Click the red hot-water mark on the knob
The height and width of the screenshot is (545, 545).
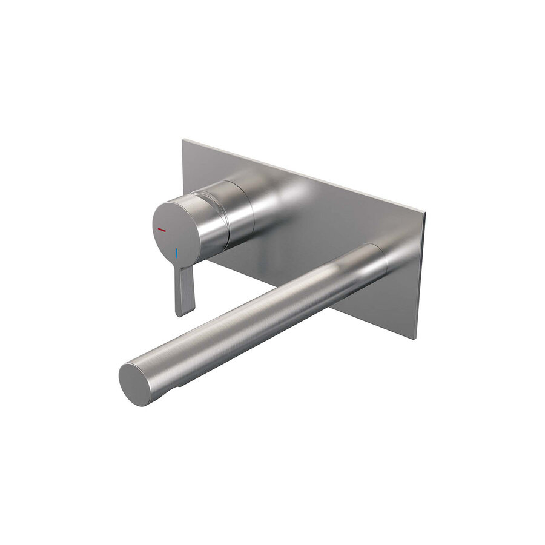coord(161,230)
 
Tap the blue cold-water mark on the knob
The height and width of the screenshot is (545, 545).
coord(177,252)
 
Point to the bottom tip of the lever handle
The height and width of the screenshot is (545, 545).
coord(185,314)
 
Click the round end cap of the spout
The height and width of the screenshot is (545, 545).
coord(134,384)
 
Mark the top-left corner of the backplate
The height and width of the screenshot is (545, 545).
coord(183,140)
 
